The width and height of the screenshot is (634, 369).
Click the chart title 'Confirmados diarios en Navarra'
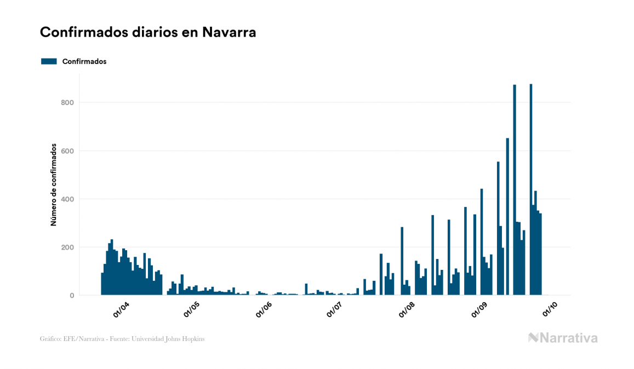pos(148,32)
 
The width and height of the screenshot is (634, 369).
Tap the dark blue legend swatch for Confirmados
pos(49,61)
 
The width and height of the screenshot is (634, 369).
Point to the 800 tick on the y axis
pos(67,102)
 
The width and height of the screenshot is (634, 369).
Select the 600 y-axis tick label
pos(67,151)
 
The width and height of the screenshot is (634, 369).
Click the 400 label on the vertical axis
pos(67,199)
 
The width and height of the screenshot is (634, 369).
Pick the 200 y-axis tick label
pos(67,247)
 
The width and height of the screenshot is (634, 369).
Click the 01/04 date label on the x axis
pos(121,310)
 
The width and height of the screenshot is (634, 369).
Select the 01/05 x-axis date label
pos(192,310)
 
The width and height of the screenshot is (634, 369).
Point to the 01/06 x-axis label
pos(264,310)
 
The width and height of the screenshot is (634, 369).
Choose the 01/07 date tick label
pos(334,310)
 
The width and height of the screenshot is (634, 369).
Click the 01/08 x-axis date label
pos(407,310)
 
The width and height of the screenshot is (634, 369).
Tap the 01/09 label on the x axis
pos(479,310)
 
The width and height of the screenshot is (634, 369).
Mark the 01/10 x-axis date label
pos(550,310)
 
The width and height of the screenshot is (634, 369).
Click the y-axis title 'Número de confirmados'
pos(54,184)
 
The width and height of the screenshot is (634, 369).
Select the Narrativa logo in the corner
pos(563,338)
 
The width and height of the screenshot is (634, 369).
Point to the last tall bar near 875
pos(531,192)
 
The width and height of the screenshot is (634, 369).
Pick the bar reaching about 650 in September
pos(507,219)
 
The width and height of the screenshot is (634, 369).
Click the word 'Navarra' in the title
pos(229,32)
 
